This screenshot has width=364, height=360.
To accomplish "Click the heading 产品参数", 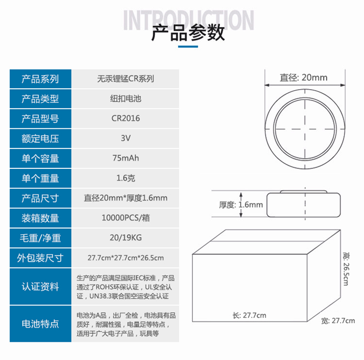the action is point(188,33).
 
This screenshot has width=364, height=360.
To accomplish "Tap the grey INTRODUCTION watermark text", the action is point(188,20).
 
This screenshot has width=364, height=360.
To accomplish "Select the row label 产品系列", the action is point(40,79).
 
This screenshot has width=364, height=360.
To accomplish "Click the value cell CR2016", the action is point(126,118).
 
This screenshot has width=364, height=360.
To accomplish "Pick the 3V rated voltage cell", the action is point(126,138).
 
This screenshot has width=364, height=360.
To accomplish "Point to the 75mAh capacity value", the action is point(126,158).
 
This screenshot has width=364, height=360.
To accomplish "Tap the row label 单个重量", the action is point(40,178).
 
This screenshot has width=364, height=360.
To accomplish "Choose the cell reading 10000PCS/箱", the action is point(126,218).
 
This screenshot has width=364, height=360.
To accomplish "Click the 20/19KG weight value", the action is point(126,238).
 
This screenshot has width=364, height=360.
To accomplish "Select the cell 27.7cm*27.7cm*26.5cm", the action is point(126,258).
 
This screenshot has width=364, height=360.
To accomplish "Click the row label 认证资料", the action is point(40,287).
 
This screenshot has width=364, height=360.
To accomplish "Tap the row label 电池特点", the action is point(40,324).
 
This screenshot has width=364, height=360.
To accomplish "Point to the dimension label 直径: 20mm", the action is point(303,77).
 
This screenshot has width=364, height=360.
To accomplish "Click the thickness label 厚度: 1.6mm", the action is point(241,205).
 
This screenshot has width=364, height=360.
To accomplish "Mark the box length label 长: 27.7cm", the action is point(249,315).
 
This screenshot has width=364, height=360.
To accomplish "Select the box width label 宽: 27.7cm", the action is point(338,321).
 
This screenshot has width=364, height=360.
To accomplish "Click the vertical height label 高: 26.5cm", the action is point(346,269).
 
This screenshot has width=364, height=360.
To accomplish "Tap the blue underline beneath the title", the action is point(188,47).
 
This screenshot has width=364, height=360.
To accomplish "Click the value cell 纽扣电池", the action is point(126,99).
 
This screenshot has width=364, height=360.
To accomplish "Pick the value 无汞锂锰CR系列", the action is point(126,79).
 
